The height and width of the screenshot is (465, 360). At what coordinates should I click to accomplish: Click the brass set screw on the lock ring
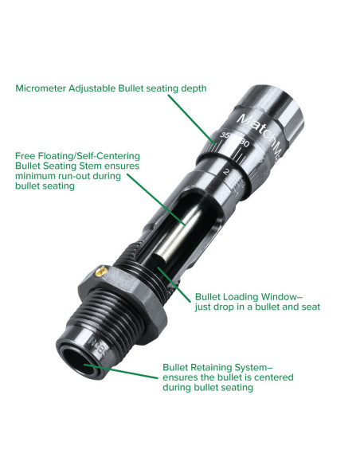point(101,272)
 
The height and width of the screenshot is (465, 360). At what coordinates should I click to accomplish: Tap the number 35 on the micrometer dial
point(225,136)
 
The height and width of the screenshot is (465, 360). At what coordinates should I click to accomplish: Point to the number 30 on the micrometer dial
point(244,143)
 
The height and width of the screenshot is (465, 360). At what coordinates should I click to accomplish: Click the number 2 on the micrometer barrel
point(227,172)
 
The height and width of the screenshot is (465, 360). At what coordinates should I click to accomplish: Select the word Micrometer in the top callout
point(41,88)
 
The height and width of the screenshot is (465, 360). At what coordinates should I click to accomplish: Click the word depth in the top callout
point(194,88)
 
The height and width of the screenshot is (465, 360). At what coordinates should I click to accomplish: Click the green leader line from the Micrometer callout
point(192,119)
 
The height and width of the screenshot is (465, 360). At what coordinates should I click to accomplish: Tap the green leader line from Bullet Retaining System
point(121,371)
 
